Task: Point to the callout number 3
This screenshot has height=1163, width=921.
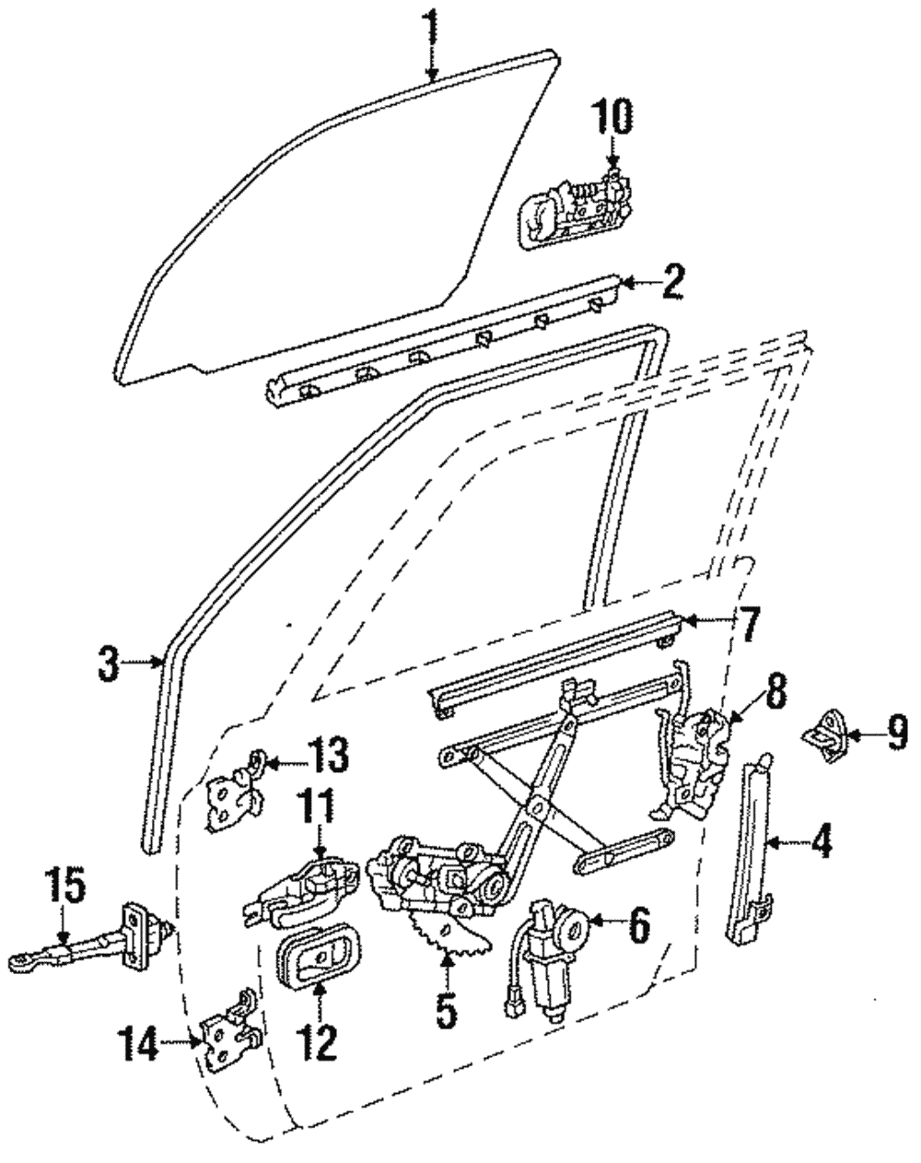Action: [x=110, y=663]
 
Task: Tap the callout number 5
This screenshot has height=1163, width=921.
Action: [x=445, y=1010]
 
